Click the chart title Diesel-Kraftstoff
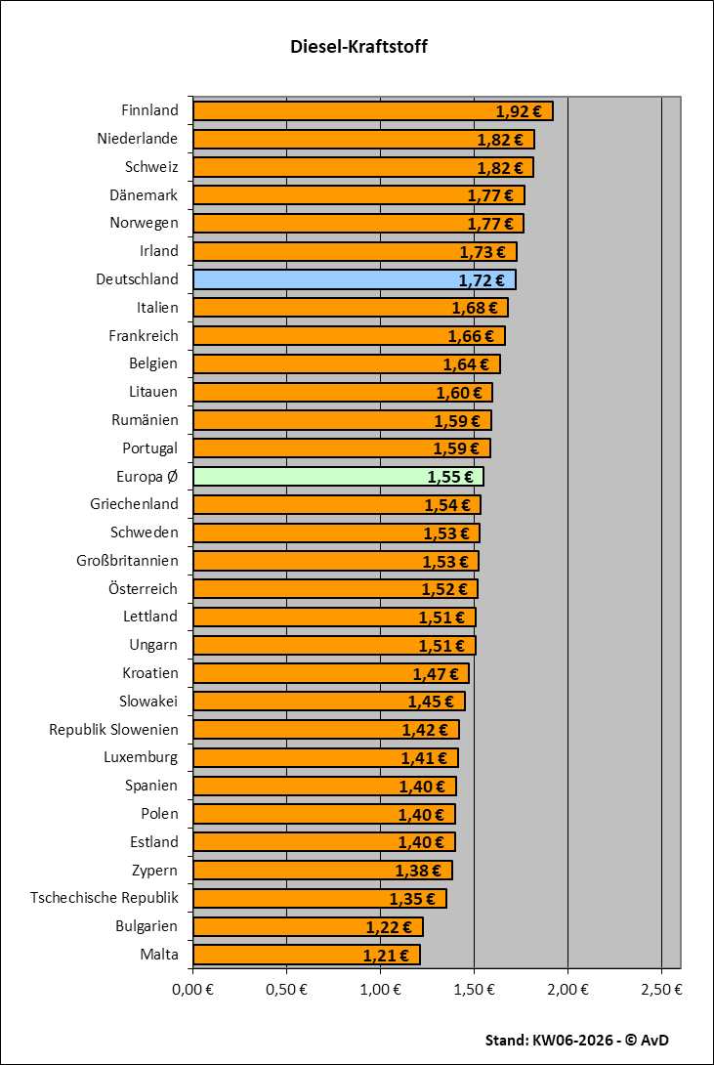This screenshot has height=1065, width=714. (358, 47)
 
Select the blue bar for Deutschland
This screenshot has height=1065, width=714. (354, 279)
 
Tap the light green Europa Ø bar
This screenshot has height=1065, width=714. (338, 477)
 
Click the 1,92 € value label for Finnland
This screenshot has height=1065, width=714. (518, 111)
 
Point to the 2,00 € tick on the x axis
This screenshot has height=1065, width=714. (567, 988)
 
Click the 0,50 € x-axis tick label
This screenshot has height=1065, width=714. (287, 988)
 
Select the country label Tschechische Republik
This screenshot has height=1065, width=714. (105, 898)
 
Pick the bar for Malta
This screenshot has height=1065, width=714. (306, 955)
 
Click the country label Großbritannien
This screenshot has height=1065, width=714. (127, 561)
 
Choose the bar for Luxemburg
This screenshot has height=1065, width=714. (325, 758)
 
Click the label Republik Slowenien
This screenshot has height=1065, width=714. (113, 730)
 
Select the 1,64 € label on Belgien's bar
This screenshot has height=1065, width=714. (465, 364)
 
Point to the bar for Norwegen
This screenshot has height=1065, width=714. (358, 224)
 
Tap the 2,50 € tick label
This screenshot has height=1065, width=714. (661, 988)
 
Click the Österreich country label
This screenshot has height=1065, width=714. (144, 589)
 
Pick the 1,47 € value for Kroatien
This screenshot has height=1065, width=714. (435, 674)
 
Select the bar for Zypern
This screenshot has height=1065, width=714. (322, 871)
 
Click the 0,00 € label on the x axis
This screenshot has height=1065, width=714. (193, 988)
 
